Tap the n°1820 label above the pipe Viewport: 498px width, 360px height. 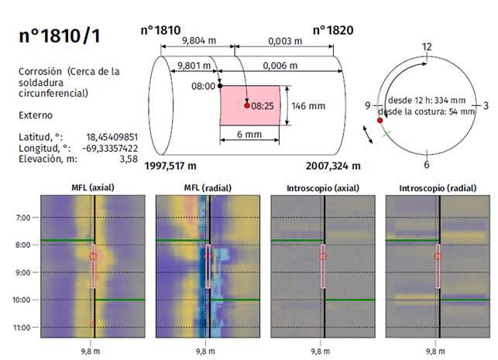(333, 30)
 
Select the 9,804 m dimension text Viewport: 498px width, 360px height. (197, 41)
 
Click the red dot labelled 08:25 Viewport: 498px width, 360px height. (248, 105)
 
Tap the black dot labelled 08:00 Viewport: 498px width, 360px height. (221, 86)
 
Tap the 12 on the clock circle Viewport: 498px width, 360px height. (426, 47)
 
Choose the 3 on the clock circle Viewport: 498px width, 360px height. (485, 104)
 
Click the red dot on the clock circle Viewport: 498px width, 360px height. (380, 120)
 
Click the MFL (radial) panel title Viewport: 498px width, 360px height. (205, 188)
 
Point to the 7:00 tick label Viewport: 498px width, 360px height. (23, 218)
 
